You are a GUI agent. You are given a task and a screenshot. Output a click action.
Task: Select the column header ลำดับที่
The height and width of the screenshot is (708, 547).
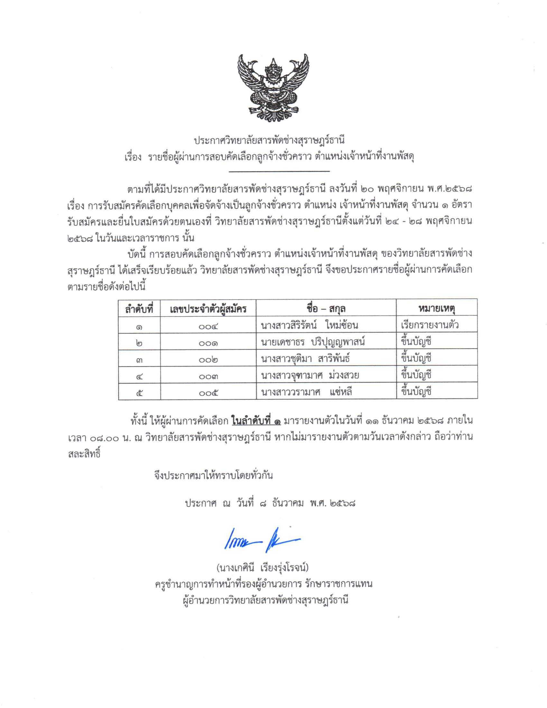point(139,309)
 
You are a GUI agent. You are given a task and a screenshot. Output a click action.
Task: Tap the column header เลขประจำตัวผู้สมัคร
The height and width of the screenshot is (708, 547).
point(208,309)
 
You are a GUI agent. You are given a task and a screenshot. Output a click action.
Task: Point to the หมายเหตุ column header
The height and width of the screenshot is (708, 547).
point(437,309)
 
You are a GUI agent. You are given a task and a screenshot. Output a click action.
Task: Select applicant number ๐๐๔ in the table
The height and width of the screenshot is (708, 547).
point(208,326)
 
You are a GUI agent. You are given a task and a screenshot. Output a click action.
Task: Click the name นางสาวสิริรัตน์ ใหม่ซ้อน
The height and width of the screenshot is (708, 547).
point(309,325)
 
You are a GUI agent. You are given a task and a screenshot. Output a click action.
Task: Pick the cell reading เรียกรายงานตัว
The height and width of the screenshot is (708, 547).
point(430,325)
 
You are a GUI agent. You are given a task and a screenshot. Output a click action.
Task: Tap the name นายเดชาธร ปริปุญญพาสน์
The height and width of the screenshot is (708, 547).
point(313,342)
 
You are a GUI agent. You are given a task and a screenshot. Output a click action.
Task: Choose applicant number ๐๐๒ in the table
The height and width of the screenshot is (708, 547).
point(208,360)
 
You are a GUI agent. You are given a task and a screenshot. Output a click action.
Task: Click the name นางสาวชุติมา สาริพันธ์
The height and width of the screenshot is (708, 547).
point(305,359)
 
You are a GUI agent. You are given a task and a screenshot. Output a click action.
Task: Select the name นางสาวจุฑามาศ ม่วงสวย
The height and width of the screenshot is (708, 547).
point(310,375)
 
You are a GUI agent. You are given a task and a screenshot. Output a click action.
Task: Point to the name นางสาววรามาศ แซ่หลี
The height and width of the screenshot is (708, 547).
point(306,392)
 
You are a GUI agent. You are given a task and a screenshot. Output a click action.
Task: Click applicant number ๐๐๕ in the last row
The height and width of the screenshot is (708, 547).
point(208,393)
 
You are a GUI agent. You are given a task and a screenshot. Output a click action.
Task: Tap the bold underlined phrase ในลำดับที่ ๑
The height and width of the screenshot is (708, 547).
point(256,421)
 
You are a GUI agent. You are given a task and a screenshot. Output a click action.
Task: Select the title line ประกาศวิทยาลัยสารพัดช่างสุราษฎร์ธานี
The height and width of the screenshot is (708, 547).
point(269,141)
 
